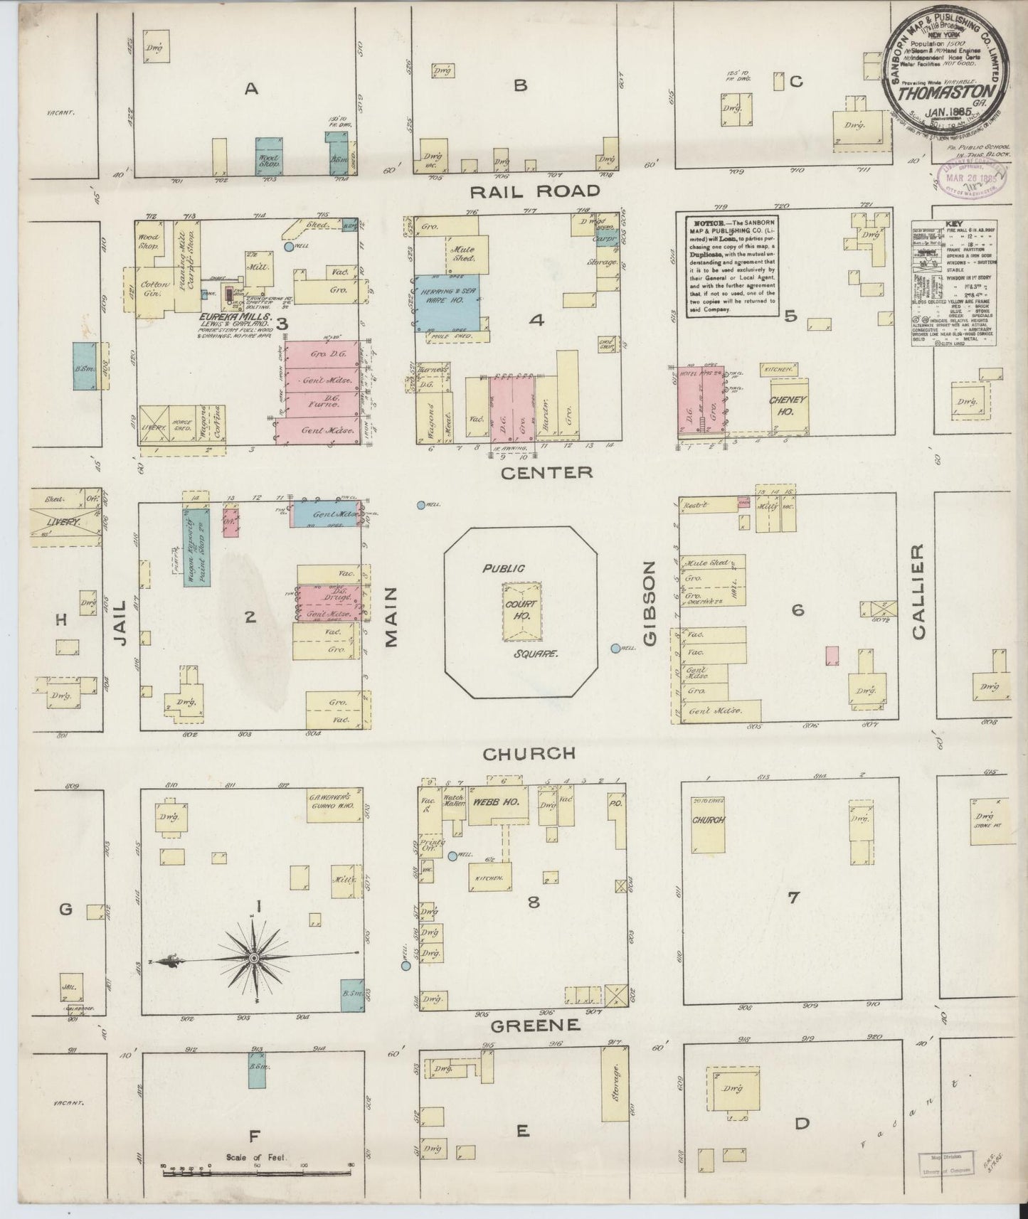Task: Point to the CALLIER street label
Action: point(917,592)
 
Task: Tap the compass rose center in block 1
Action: point(253,958)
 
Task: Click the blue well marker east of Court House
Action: point(615,648)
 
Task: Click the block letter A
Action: point(250,89)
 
